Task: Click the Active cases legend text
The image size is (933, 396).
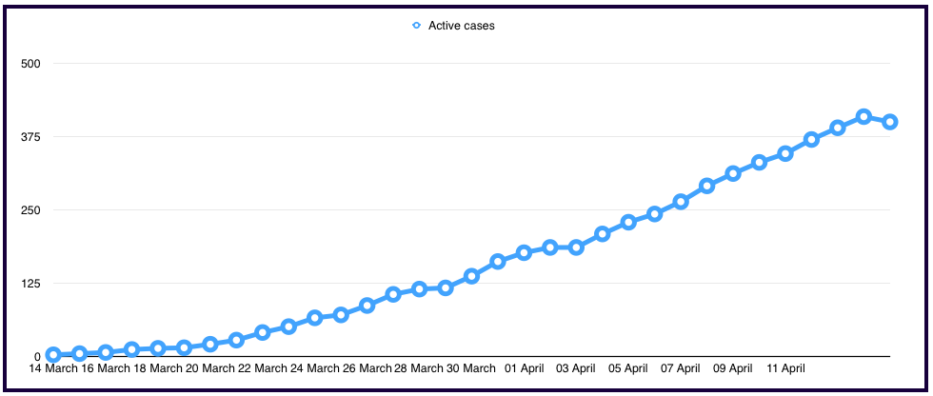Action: (x=461, y=26)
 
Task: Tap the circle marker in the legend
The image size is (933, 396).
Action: (x=416, y=26)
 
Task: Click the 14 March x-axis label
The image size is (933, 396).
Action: (x=54, y=368)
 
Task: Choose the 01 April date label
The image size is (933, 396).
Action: (x=525, y=368)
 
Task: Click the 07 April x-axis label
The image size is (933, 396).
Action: (x=681, y=368)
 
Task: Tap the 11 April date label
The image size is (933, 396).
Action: (x=785, y=368)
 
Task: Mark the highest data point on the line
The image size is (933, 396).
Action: (x=864, y=116)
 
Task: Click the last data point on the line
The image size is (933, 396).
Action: (x=889, y=122)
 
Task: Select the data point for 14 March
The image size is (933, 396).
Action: (x=53, y=354)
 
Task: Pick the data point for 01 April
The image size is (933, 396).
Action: (x=524, y=252)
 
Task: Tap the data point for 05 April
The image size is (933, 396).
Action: (x=628, y=222)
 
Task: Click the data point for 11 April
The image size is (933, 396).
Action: (x=785, y=153)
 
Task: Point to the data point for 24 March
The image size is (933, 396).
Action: (x=315, y=317)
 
